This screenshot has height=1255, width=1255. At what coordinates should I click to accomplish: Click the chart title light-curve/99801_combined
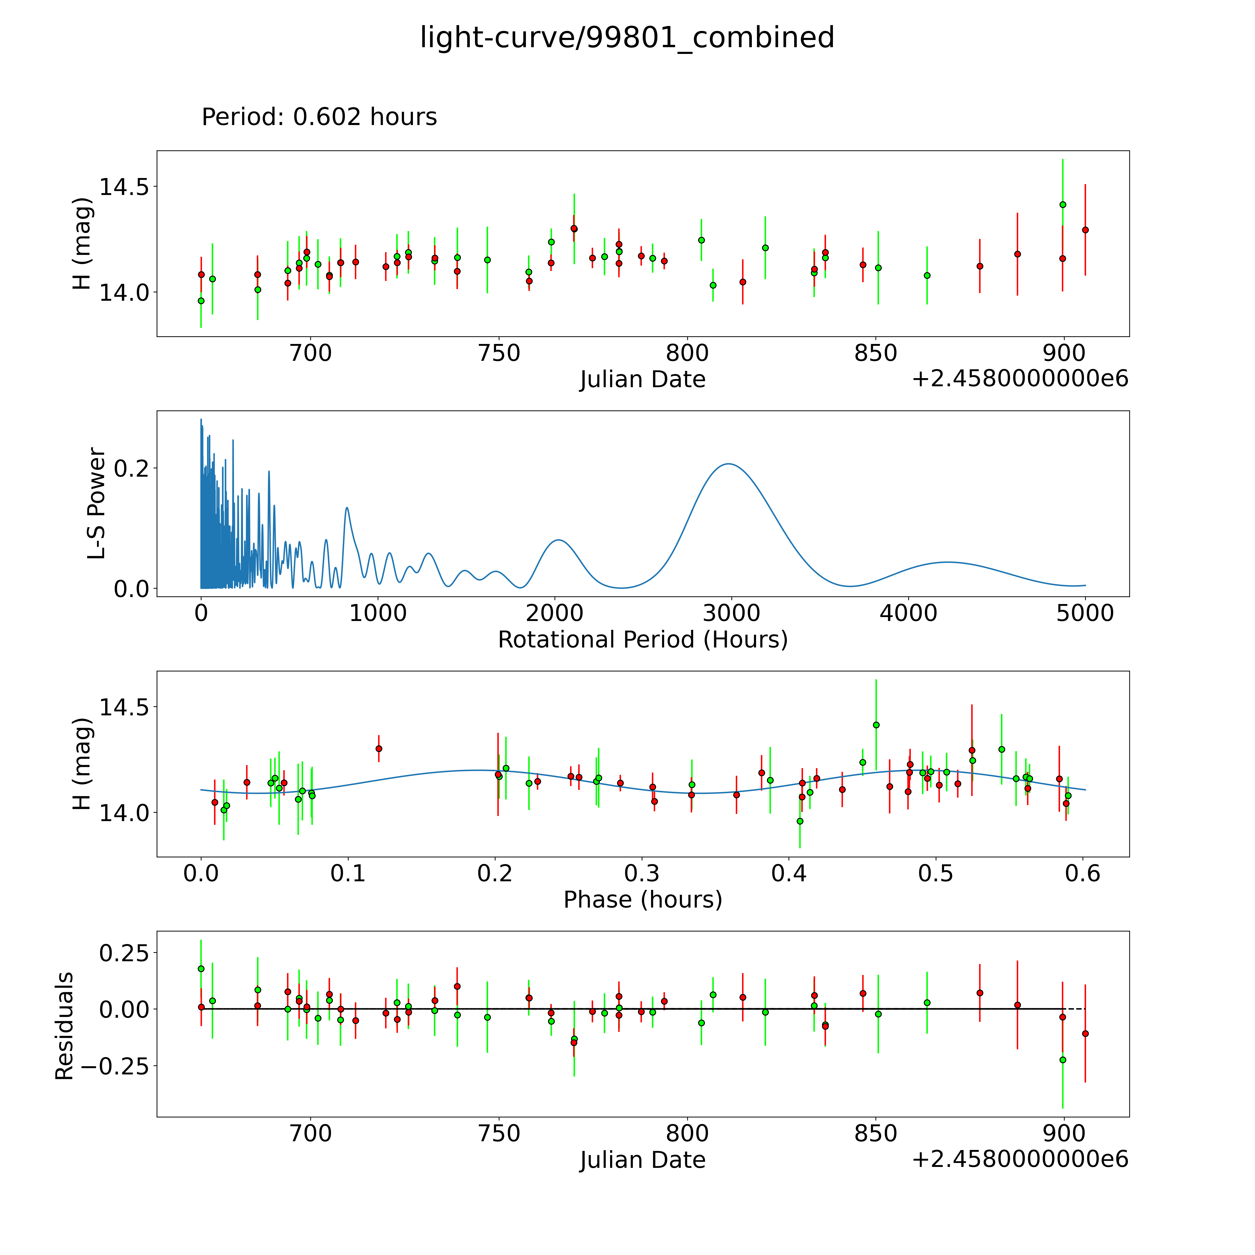[x=627, y=38]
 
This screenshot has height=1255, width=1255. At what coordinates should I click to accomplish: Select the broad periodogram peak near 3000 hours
[x=729, y=464]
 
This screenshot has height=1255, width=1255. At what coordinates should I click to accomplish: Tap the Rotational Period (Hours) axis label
[x=642, y=640]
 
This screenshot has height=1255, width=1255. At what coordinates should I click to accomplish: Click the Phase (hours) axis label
[x=642, y=900]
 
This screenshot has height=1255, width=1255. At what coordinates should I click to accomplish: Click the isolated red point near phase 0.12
[x=379, y=748]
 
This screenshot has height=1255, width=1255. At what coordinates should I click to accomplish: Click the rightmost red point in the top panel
[x=1085, y=230]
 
